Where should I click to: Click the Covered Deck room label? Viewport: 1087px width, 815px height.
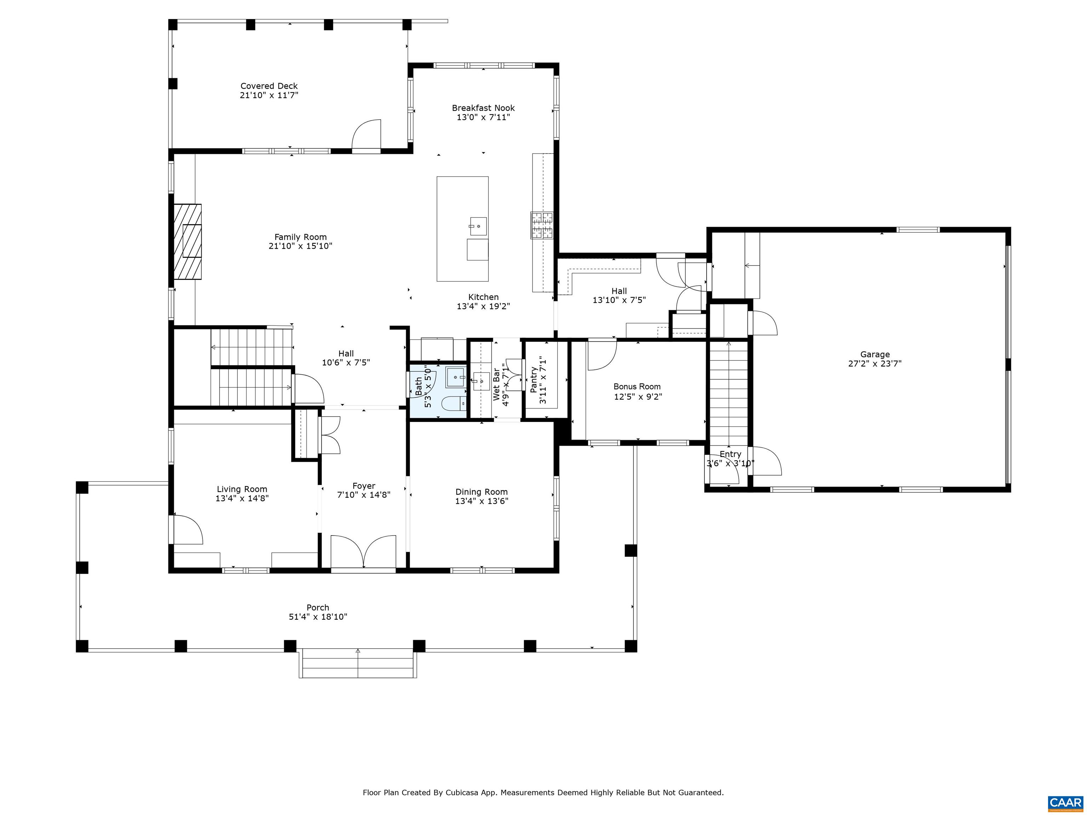coord(269,86)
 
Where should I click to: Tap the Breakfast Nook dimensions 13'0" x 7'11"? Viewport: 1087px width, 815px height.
coord(483,117)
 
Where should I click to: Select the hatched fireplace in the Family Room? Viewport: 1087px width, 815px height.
coord(187,242)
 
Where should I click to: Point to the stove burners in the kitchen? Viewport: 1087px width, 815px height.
coord(541,225)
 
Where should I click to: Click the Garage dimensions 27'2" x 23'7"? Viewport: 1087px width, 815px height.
coord(875,364)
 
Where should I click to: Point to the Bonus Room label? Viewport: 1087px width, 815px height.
coord(637,387)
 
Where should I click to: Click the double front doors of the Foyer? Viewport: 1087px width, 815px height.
coord(363,552)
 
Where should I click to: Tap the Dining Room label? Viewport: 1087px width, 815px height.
coord(481,492)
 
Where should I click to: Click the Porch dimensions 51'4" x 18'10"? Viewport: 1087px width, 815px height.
coord(318,617)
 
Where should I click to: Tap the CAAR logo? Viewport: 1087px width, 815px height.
coord(1065,803)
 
